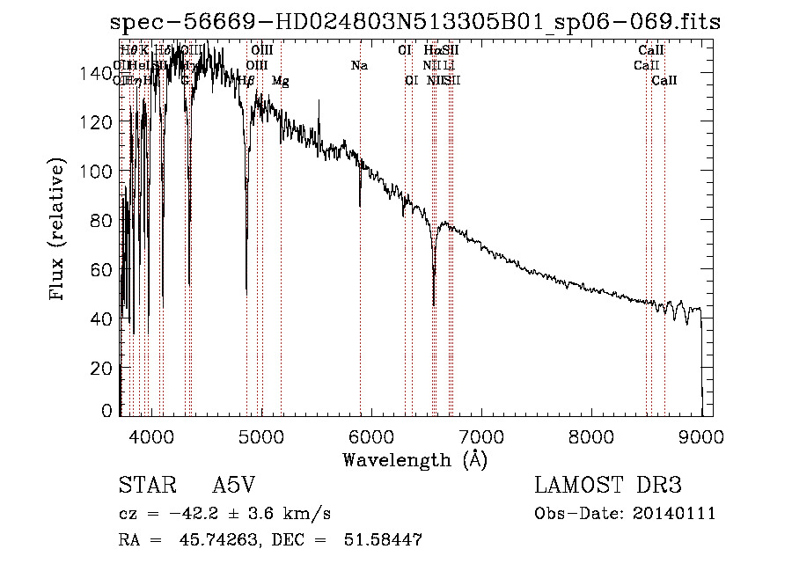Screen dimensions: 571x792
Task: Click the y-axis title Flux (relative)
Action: [x=59, y=231]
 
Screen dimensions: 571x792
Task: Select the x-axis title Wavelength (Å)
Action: [x=414, y=459]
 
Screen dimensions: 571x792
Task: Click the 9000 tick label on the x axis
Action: [x=700, y=435]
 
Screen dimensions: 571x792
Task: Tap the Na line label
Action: [x=359, y=65]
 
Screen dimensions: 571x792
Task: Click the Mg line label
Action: [x=281, y=81]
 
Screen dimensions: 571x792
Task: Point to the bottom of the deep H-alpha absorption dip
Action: [x=434, y=304]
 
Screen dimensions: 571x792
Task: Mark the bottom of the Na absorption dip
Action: [x=360, y=206]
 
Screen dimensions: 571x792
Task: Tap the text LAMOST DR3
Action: [x=608, y=487]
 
